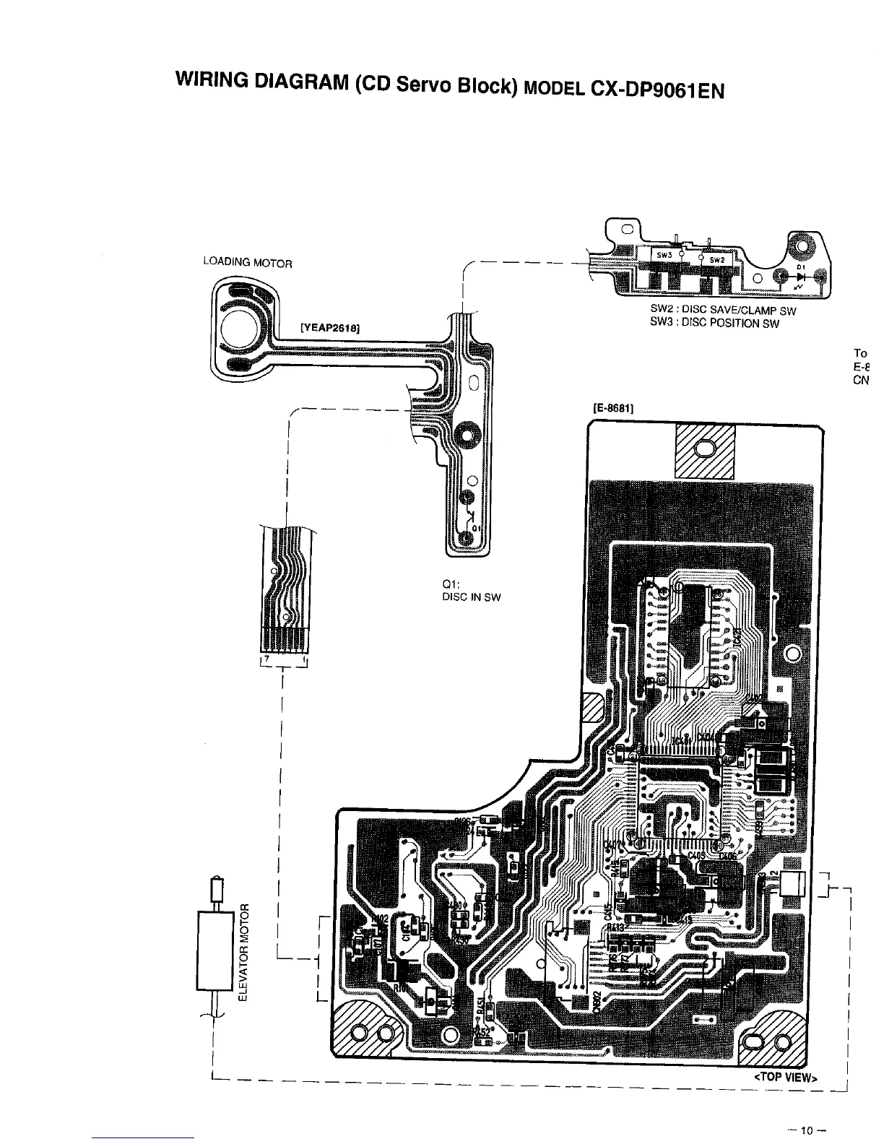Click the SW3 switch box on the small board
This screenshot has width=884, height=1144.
665,255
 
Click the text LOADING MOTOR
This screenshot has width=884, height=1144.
247,263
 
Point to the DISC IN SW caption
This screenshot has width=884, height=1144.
471,597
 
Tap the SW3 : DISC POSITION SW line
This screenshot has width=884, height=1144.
714,323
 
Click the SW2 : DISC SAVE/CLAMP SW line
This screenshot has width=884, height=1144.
723,311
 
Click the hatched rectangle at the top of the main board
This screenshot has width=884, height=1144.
704,451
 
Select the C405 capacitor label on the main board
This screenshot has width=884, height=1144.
697,855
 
